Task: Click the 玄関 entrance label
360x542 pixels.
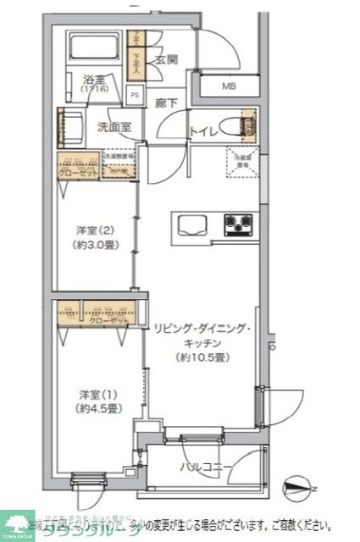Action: (x=166, y=59)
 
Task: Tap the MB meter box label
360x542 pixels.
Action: (x=230, y=86)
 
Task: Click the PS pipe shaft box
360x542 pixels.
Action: (x=136, y=96)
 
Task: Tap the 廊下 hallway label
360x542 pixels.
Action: (x=166, y=103)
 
